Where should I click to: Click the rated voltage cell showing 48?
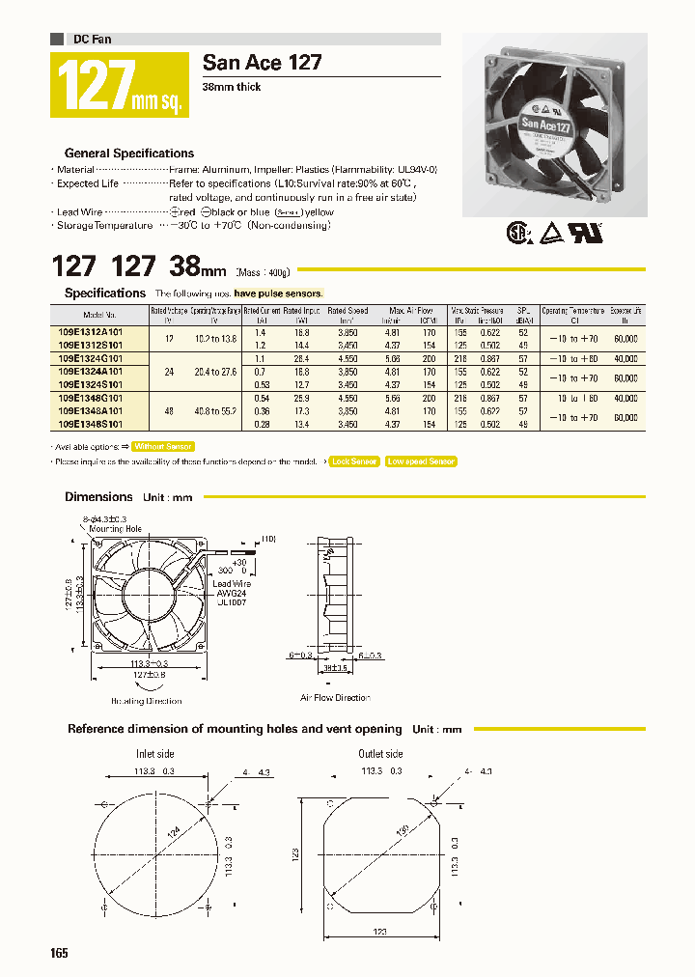tap(169, 410)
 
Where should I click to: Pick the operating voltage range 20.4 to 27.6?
tap(215, 372)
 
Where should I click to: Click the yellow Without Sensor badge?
tap(163, 446)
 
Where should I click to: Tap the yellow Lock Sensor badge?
tap(353, 461)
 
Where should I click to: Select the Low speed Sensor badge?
tap(421, 461)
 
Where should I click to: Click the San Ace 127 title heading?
tap(262, 64)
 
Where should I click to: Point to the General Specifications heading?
tap(128, 154)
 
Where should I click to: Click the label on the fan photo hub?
tap(547, 124)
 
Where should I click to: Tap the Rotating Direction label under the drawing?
tap(146, 702)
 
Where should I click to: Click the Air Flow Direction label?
tap(335, 697)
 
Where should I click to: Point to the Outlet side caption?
tap(380, 754)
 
